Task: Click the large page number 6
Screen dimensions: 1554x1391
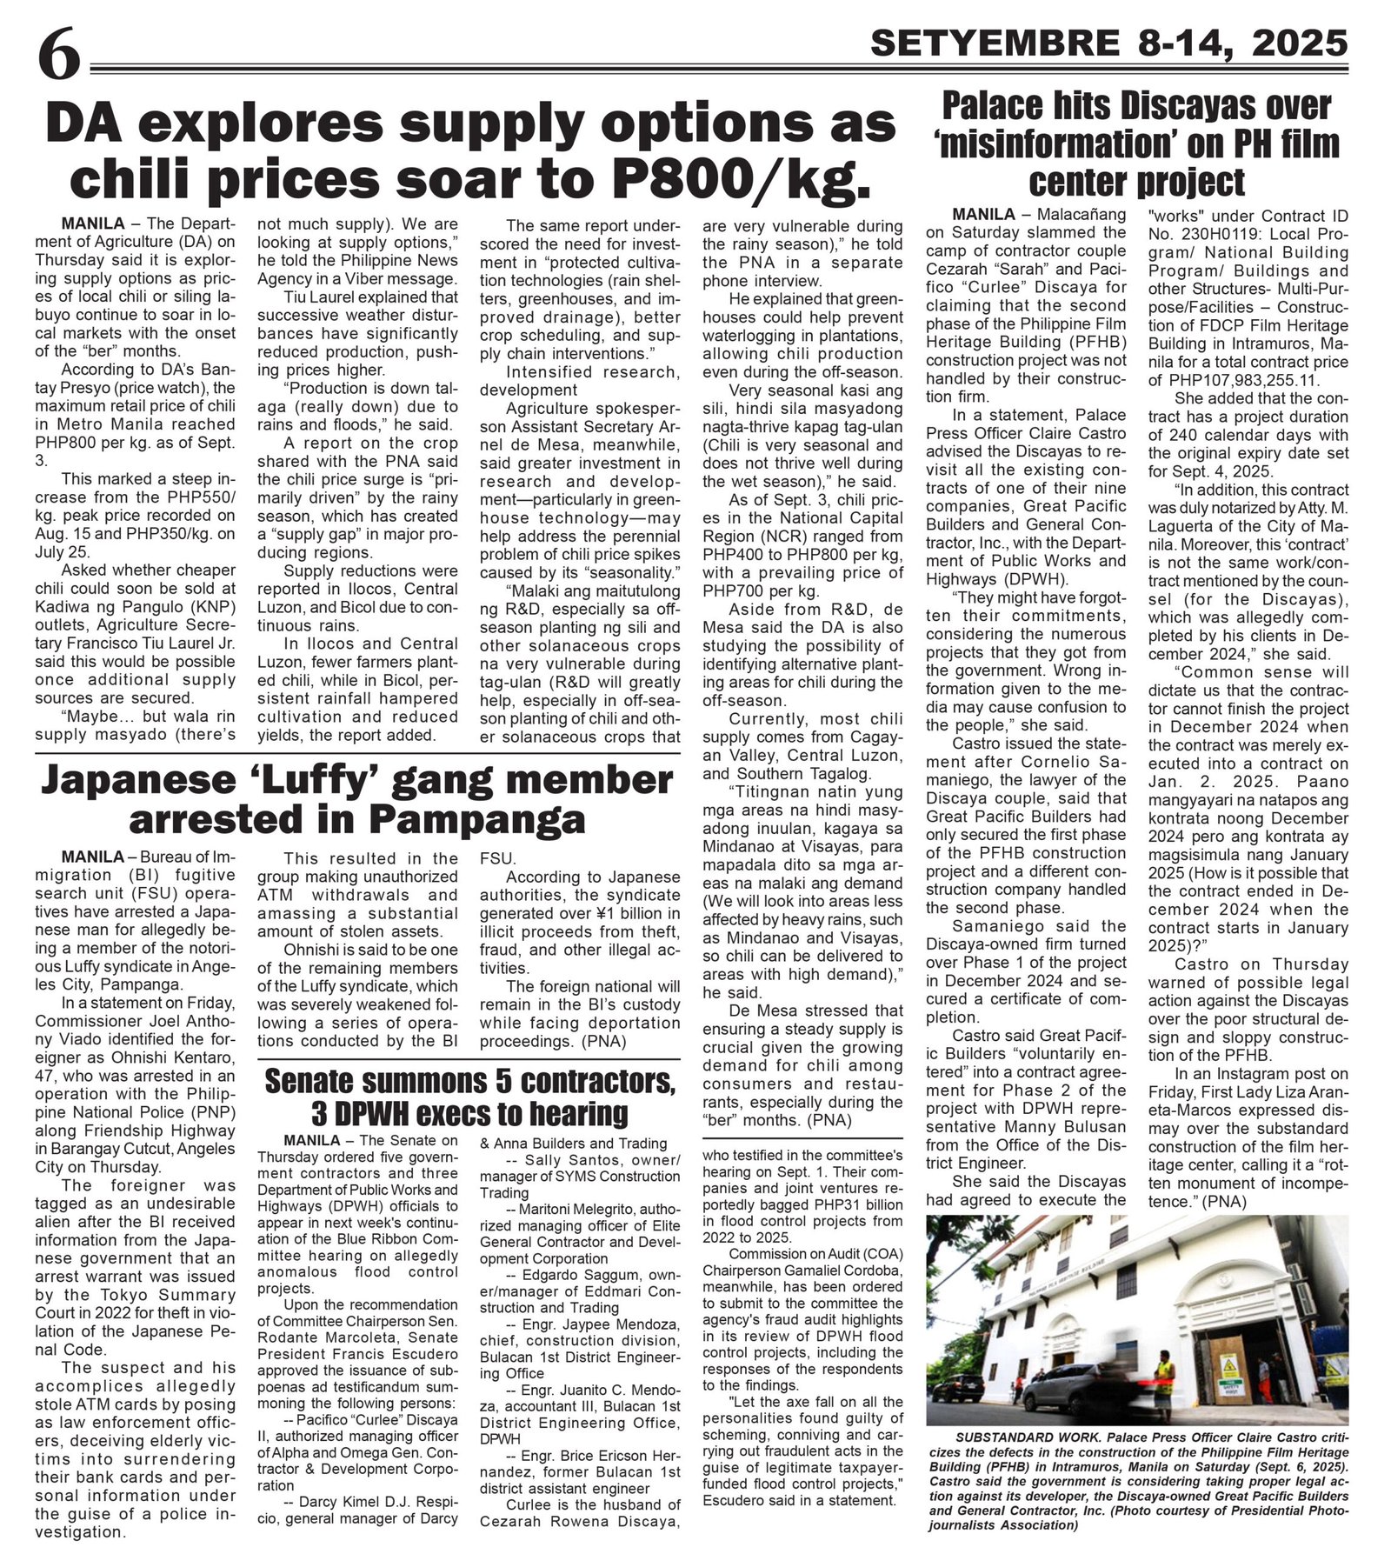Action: tap(58, 58)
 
